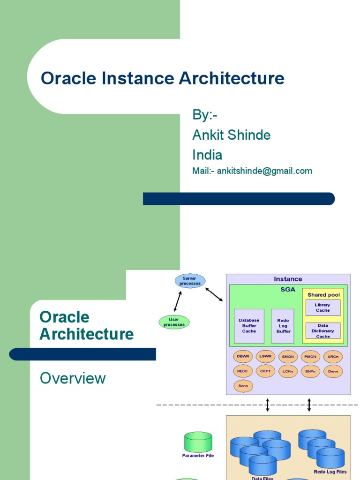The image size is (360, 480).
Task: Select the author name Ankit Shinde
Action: (x=231, y=135)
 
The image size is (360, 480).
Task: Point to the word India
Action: (x=207, y=155)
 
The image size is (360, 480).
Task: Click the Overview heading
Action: (x=73, y=378)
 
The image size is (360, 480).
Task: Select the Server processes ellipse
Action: (x=189, y=281)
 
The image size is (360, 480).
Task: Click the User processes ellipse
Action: (x=174, y=322)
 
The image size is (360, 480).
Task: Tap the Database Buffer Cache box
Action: (x=249, y=326)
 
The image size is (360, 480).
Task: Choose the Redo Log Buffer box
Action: (x=283, y=326)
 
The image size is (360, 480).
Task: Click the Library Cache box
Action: (x=322, y=307)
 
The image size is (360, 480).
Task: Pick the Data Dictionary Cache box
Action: (x=322, y=330)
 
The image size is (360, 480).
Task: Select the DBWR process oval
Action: (x=243, y=357)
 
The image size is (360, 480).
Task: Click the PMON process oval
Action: (x=310, y=357)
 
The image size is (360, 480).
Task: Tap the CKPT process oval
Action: (x=265, y=371)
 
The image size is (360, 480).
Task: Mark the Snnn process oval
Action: (x=243, y=386)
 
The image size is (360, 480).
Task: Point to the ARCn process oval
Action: (x=333, y=357)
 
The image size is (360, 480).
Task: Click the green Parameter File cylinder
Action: (x=198, y=442)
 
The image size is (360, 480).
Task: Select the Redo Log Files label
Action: (x=330, y=472)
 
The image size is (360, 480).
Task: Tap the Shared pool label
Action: (x=323, y=295)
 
